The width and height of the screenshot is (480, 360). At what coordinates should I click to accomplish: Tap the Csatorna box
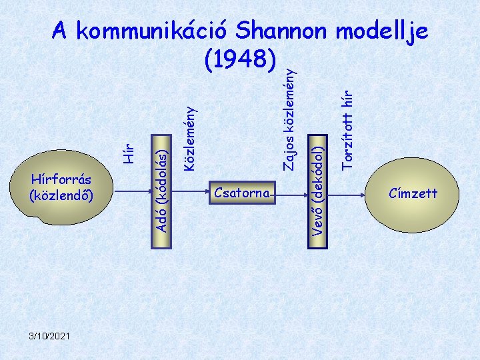pos(242,193)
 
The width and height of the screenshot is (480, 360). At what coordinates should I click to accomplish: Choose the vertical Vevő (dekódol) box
pos(319,191)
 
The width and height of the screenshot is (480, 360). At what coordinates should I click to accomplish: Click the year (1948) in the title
pos(239,61)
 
